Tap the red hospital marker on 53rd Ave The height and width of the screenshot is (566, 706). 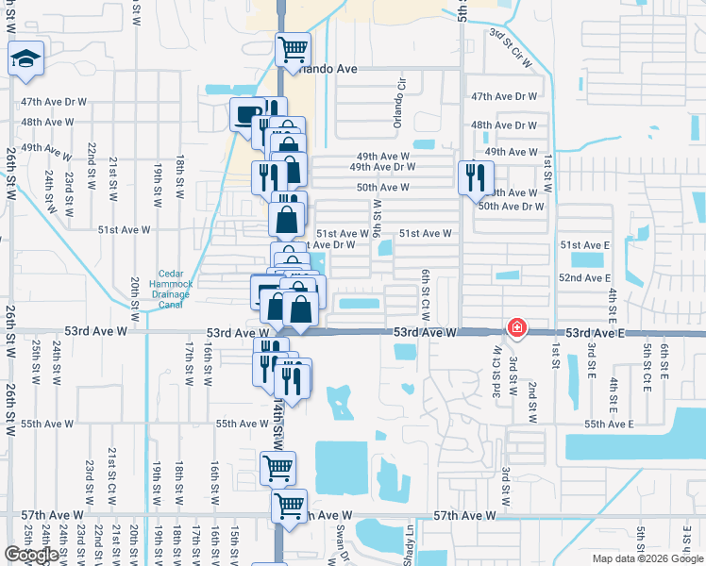pyautogui.click(x=517, y=328)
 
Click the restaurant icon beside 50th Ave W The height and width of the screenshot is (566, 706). pyautogui.click(x=475, y=176)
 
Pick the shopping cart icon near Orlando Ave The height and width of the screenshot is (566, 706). pyautogui.click(x=293, y=47)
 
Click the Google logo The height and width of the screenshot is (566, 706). pyautogui.click(x=31, y=555)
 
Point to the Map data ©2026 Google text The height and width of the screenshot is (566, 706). pyautogui.click(x=647, y=558)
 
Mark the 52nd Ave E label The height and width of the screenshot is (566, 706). pyautogui.click(x=584, y=278)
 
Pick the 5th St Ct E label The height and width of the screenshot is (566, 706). pyautogui.click(x=647, y=363)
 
